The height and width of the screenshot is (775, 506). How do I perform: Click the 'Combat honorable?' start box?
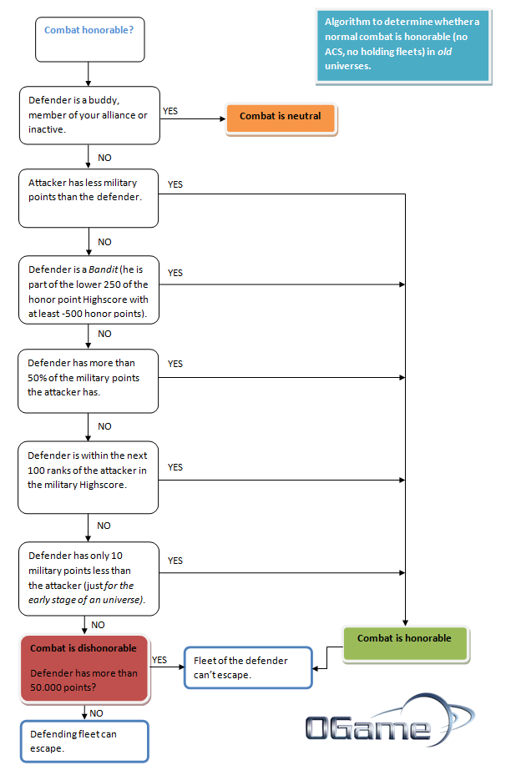pyautogui.click(x=90, y=39)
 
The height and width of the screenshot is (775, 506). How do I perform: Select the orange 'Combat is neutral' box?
pyautogui.click(x=281, y=118)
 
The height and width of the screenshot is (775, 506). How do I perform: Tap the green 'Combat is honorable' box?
pyautogui.click(x=405, y=643)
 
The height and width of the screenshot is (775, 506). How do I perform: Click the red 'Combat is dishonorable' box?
pyautogui.click(x=84, y=668)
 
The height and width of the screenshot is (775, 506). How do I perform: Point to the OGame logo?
pyautogui.click(x=390, y=721)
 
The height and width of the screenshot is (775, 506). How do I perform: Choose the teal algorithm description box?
pyautogui.click(x=403, y=46)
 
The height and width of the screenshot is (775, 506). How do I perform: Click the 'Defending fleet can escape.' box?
pyautogui.click(x=84, y=742)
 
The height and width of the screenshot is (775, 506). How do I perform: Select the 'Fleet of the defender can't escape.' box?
pyautogui.click(x=248, y=667)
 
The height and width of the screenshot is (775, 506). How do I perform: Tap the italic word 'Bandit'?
pyautogui.click(x=104, y=269)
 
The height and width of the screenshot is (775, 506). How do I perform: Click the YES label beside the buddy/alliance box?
pyautogui.click(x=170, y=111)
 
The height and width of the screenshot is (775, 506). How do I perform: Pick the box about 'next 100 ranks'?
pyautogui.click(x=88, y=477)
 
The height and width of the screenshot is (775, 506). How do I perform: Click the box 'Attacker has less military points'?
pyautogui.click(x=89, y=199)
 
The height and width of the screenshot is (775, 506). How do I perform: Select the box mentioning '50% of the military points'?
pyautogui.click(x=88, y=381)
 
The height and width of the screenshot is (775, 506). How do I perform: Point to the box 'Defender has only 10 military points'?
pyautogui.click(x=89, y=579)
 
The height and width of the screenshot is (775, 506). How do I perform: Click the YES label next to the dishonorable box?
pyautogui.click(x=159, y=661)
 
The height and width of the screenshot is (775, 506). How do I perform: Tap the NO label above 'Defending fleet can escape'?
pyautogui.click(x=97, y=713)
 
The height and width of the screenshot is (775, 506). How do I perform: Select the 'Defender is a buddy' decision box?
pyautogui.click(x=89, y=116)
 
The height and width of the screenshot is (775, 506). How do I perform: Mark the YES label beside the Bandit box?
pyautogui.click(x=175, y=273)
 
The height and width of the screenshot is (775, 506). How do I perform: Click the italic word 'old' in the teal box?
pyautogui.click(x=444, y=52)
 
